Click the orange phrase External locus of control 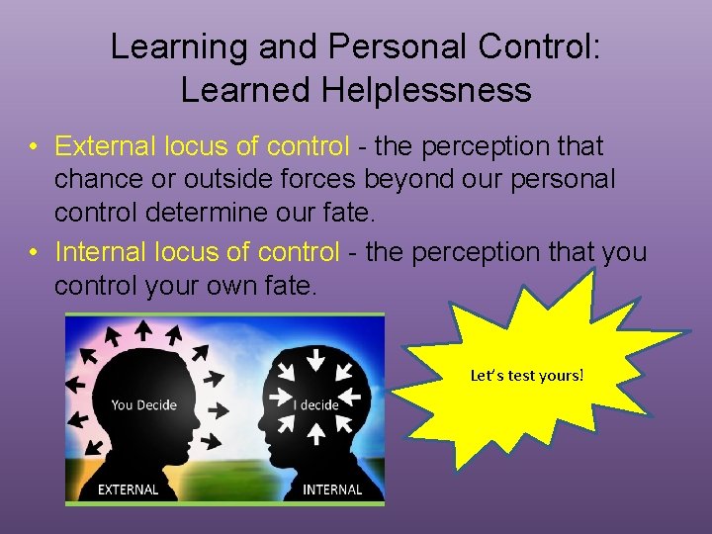tap(203, 146)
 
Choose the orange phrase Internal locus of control tap(197, 252)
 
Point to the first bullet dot tap(34, 147)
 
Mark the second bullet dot tap(34, 253)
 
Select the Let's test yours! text tap(527, 376)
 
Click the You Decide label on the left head tap(143, 404)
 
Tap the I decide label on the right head tap(316, 404)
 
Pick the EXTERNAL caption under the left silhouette tap(129, 489)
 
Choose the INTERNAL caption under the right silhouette tap(332, 489)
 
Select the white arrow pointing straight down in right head tap(317, 358)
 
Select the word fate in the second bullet tap(287, 286)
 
